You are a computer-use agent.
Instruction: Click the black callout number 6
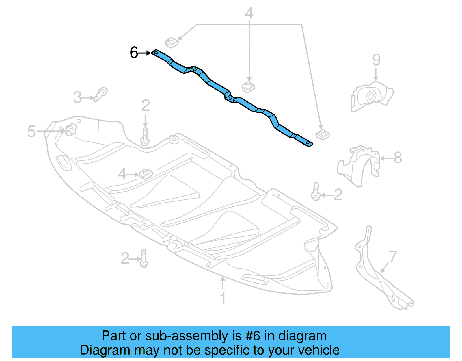coord(134,53)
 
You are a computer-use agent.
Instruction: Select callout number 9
coord(376,60)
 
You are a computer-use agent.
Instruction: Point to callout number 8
coord(398,158)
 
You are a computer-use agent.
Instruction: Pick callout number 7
coord(393,256)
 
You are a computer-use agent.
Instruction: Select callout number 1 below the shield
coord(223,298)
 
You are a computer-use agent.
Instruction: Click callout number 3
coord(77,97)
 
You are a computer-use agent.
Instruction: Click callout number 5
coord(31,132)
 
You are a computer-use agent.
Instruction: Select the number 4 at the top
coord(249,13)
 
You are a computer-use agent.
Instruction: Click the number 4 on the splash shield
coord(122,174)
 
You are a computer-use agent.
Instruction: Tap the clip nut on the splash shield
coord(146,174)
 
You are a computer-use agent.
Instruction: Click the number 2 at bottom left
coord(125,258)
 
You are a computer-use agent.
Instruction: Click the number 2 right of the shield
coord(338,195)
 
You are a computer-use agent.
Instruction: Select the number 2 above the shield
coord(146,105)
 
